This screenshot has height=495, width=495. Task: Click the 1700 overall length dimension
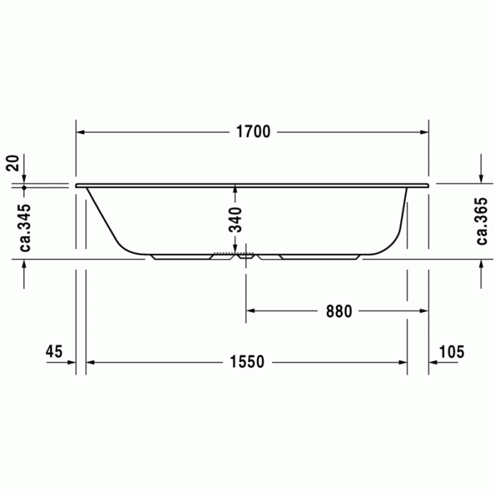(x=252, y=132)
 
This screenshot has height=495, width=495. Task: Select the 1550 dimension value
(x=247, y=362)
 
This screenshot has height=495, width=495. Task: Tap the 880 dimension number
(x=339, y=311)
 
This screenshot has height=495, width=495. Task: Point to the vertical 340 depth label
(x=235, y=219)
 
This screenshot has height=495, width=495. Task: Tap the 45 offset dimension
(x=54, y=351)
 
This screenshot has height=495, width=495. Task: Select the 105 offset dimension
(x=451, y=351)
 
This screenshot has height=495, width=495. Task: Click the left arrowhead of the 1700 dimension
(x=81, y=132)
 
